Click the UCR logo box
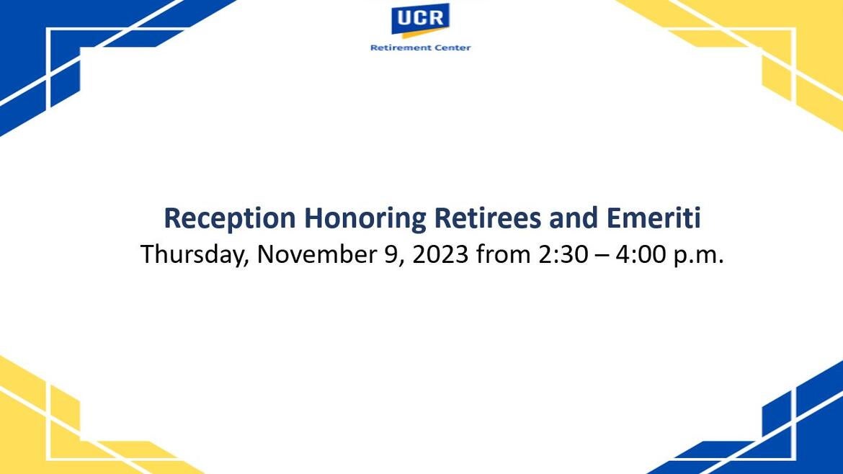(420, 19)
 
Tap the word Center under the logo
(452, 48)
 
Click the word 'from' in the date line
(503, 255)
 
